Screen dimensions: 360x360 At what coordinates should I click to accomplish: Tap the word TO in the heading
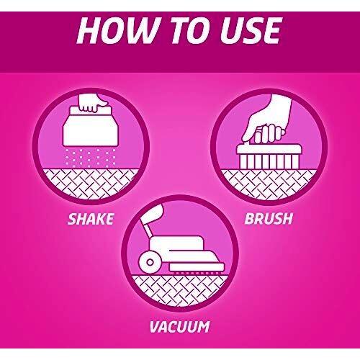click(x=192, y=31)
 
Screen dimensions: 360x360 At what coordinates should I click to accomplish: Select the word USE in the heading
click(x=251, y=31)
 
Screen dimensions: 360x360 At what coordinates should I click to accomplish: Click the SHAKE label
click(x=91, y=219)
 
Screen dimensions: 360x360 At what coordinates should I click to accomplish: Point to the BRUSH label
click(x=269, y=218)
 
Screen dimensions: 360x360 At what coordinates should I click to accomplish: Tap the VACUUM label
click(x=179, y=327)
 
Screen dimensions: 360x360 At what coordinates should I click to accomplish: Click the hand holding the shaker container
click(x=93, y=103)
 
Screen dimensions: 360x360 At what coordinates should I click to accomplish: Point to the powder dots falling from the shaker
click(x=90, y=158)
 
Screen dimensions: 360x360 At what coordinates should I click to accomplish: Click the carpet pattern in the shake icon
click(x=91, y=184)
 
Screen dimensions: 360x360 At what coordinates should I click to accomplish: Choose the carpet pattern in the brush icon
click(x=269, y=184)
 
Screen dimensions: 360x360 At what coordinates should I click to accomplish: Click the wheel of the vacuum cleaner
click(x=150, y=262)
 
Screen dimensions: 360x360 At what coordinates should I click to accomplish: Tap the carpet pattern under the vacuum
click(x=180, y=290)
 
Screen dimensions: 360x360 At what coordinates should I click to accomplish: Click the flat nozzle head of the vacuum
click(x=197, y=267)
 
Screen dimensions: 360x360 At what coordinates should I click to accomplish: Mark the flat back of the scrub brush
click(x=269, y=149)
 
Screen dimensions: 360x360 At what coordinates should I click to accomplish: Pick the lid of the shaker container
click(x=91, y=112)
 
